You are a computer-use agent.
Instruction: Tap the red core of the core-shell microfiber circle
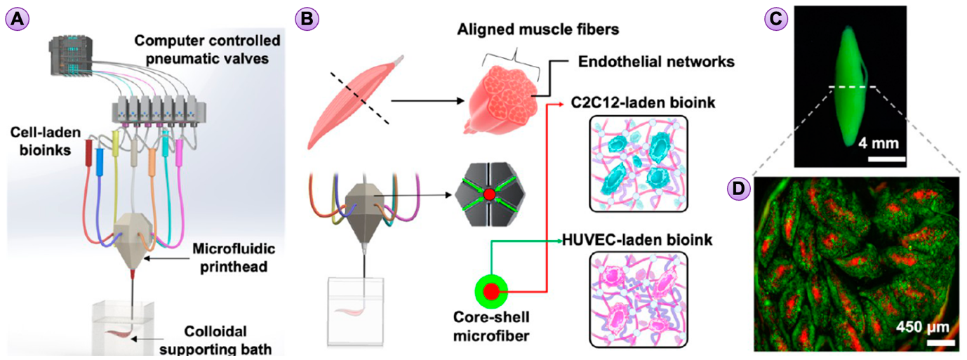click(x=492, y=291)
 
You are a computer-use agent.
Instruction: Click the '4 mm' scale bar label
click(x=879, y=142)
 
